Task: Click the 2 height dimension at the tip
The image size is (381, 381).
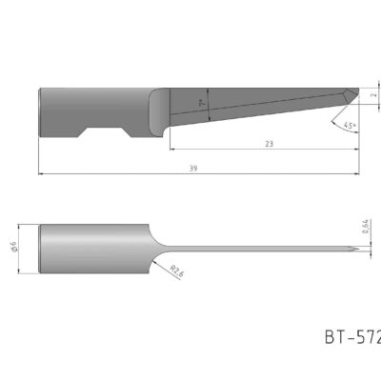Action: coord(374,95)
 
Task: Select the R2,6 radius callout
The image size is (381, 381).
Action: coord(177,272)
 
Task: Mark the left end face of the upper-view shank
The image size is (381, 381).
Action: coord(39,111)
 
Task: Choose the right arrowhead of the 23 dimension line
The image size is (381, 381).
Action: coord(356,150)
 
